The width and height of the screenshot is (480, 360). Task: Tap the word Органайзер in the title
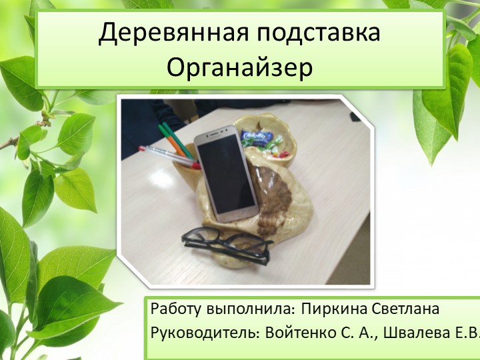coord(239,67)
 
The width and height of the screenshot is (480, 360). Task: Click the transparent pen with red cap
coord(164,153)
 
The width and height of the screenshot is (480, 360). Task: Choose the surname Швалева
coord(413,331)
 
